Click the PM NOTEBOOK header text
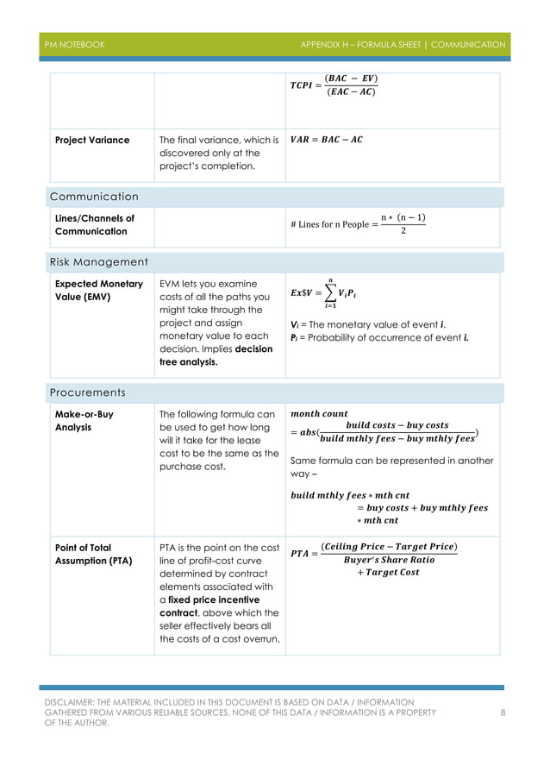click(75, 45)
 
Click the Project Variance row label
click(92, 140)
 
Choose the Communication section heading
click(94, 197)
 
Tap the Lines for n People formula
click(359, 224)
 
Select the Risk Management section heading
click(98, 262)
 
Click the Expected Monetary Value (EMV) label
click(98, 291)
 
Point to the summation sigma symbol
click(330, 292)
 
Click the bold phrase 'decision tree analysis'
click(216, 355)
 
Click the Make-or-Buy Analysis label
click(84, 420)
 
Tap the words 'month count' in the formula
click(320, 414)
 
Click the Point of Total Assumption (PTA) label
click(94, 554)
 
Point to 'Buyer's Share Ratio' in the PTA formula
click(389, 560)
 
